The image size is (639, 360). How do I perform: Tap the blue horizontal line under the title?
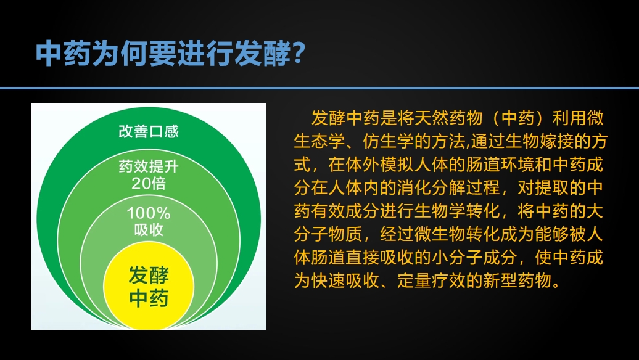pos(319,88)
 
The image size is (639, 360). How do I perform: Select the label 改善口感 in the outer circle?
pos(149,131)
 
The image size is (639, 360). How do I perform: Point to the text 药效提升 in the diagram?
pos(149,166)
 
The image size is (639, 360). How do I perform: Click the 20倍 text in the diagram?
pos(149,183)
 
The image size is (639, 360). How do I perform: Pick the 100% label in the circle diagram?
pos(149,213)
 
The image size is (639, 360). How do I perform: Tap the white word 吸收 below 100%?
pos(149,230)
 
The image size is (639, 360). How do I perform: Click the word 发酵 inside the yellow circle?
pos(149,276)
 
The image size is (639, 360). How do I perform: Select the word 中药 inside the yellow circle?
pos(149,298)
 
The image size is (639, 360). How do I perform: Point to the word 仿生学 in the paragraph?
pos(389,141)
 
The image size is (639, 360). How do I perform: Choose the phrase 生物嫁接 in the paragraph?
pos(539,141)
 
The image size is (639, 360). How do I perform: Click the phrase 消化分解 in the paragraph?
pos(431,188)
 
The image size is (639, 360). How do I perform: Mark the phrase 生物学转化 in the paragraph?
pos(457,211)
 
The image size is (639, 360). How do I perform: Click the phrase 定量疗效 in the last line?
pos(431,280)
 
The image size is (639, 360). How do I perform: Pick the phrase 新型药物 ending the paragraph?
pos(517,280)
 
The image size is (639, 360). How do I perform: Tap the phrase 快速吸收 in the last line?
pos(345,280)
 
